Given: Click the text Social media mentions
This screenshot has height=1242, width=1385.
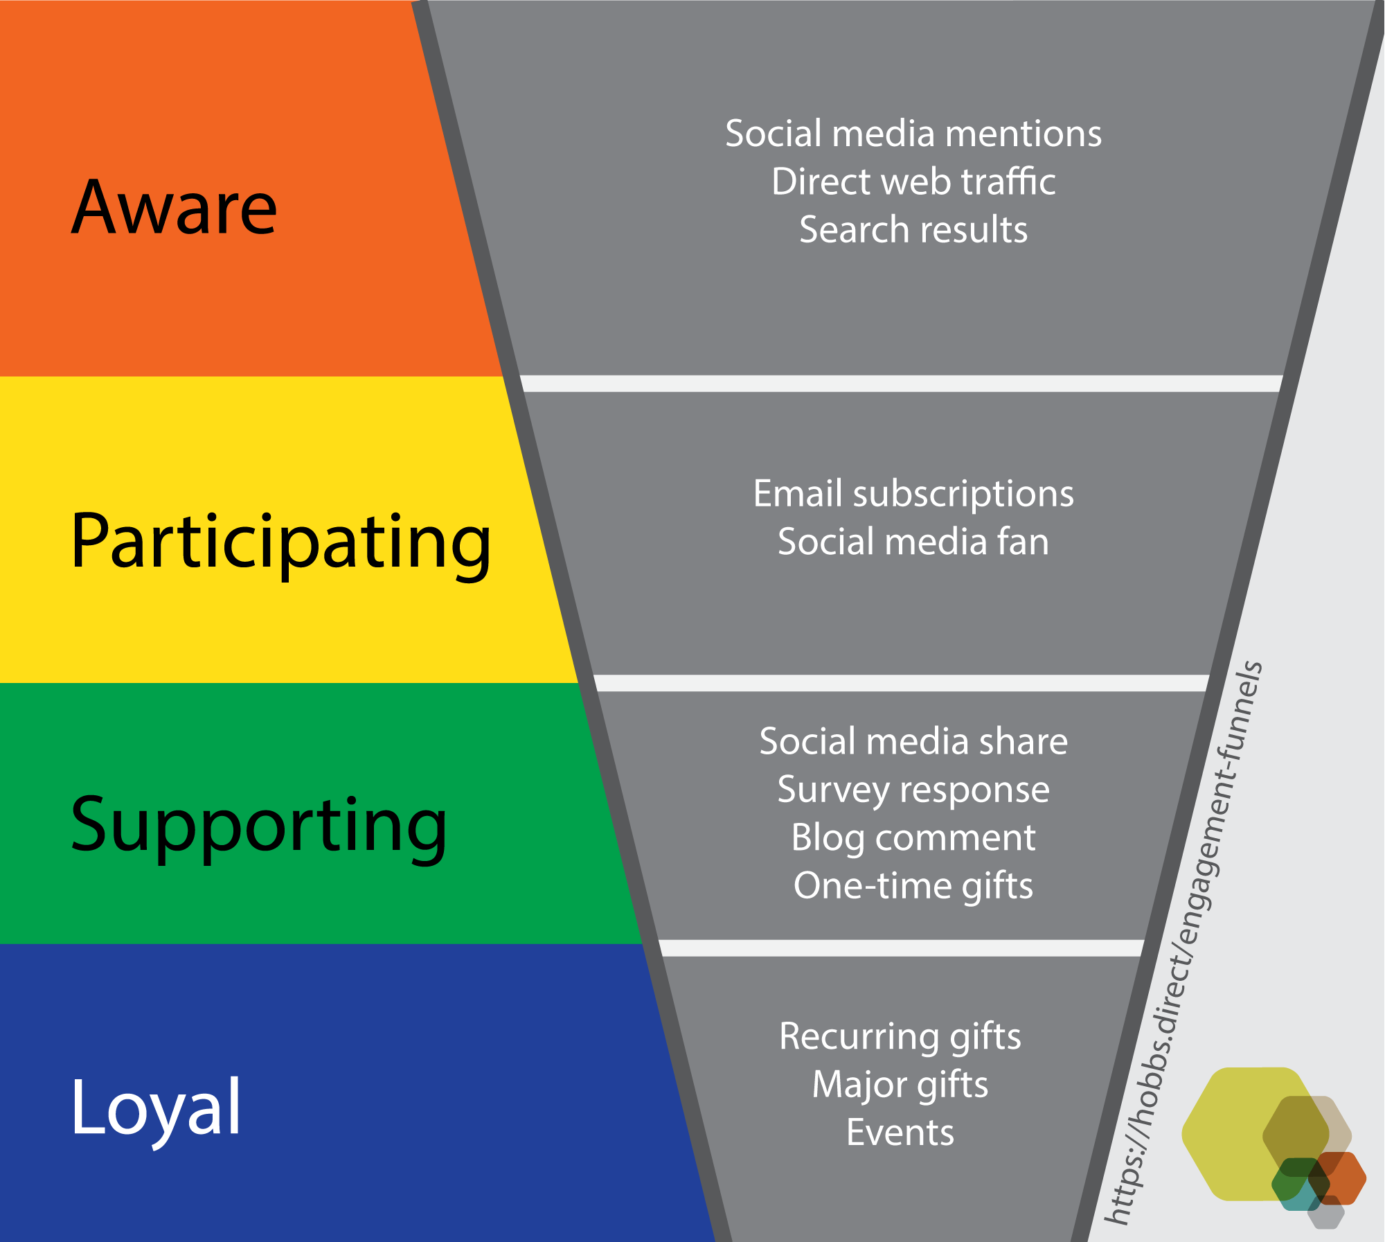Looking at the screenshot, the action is pyautogui.click(x=913, y=133).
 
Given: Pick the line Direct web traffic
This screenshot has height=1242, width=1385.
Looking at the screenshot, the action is pyautogui.click(x=913, y=181).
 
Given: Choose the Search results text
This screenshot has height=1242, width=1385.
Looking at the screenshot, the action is pyautogui.click(x=913, y=229).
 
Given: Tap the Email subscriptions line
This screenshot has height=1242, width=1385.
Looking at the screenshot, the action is pyautogui.click(x=913, y=495).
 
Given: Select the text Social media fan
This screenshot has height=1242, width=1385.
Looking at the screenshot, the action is pyautogui.click(x=913, y=542).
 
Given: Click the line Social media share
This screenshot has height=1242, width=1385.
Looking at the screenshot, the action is pyautogui.click(x=913, y=741).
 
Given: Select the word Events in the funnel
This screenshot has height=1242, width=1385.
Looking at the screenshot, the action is pyautogui.click(x=900, y=1133).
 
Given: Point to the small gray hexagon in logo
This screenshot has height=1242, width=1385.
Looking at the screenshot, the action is pyautogui.click(x=1325, y=1212).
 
